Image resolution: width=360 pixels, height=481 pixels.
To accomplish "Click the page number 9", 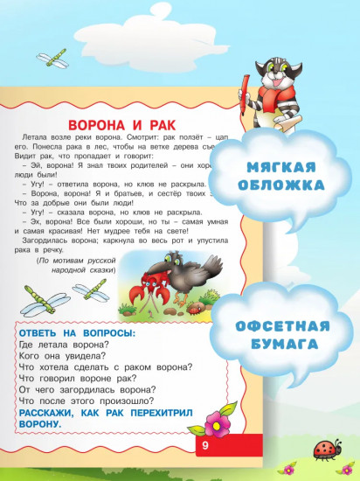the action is pos(204,447).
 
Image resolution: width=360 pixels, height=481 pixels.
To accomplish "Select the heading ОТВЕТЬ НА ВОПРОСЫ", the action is pos(72,331).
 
